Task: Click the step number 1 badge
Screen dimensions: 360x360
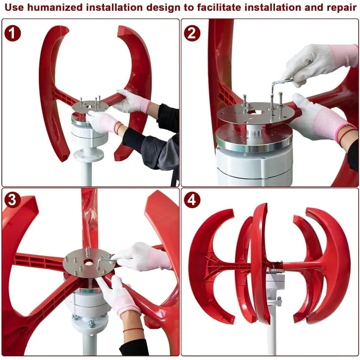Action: click(13, 33)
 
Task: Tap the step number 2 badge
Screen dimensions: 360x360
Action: click(192, 33)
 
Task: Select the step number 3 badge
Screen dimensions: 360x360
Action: click(13, 200)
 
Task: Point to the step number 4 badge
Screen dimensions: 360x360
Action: click(192, 200)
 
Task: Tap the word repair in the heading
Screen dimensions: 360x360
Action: click(342, 8)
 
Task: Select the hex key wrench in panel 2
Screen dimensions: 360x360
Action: click(279, 87)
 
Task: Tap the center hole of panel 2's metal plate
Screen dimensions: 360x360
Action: click(255, 113)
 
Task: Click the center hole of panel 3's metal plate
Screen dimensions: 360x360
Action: click(88, 262)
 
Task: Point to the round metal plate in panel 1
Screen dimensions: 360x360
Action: click(90, 107)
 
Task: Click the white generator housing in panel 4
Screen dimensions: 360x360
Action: click(275, 284)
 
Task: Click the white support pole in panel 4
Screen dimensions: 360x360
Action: click(272, 331)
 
